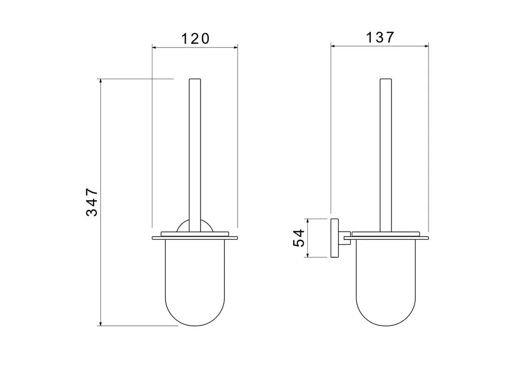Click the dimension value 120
click(x=195, y=39)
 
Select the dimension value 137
click(x=380, y=37)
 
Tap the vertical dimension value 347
click(x=92, y=202)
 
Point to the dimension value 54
click(x=299, y=238)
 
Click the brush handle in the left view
click(x=195, y=155)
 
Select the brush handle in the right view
click(x=386, y=155)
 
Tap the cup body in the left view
click(x=195, y=283)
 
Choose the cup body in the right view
click(x=386, y=283)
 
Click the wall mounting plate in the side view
click(x=335, y=238)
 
